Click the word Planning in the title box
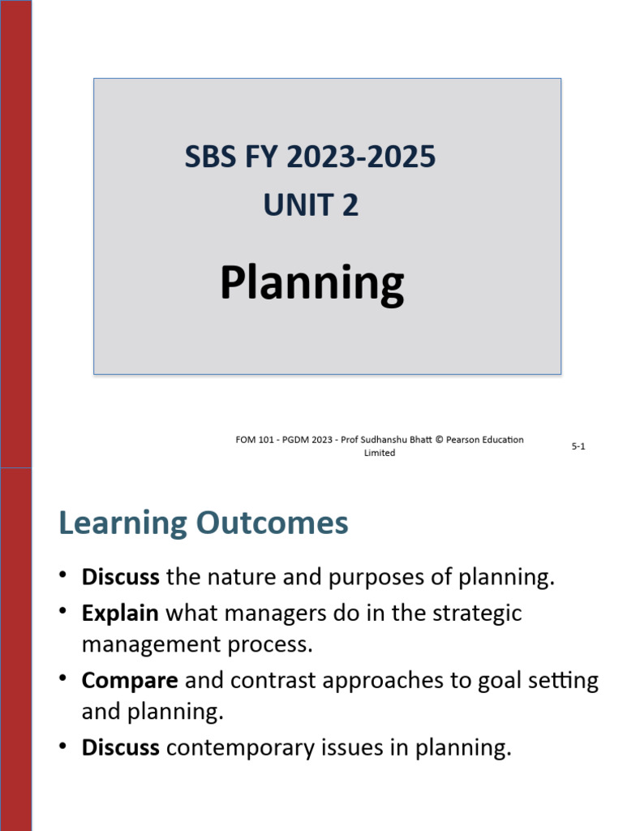pos(311,284)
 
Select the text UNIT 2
pos(311,205)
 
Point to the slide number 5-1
pos(578,446)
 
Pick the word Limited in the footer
pos(380,453)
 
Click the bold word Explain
pos(120,614)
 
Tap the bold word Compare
pos(130,680)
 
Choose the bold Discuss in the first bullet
pos(120,578)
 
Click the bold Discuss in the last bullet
pos(120,747)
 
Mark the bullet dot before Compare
pos(63,678)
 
